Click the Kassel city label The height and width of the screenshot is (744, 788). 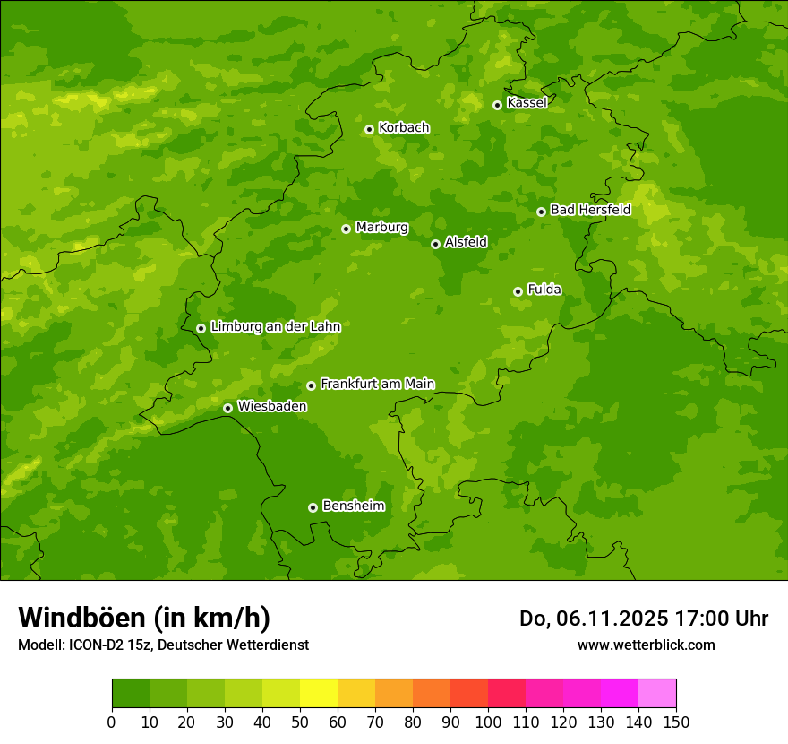click(x=527, y=103)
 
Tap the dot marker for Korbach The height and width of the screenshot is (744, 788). click(x=369, y=129)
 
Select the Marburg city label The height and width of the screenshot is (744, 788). click(x=381, y=228)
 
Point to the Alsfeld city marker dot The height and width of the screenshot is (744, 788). click(x=435, y=244)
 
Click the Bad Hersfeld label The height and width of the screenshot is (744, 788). click(x=590, y=210)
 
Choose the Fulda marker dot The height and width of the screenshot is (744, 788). click(x=518, y=291)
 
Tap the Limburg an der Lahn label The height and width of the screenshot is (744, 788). click(x=276, y=327)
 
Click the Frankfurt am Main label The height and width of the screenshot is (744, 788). click(x=377, y=384)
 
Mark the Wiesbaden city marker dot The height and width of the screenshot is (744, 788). click(x=227, y=408)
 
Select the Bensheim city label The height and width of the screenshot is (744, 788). click(x=353, y=506)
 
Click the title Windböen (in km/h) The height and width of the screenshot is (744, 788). click(x=144, y=618)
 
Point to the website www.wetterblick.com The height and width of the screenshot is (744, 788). click(x=646, y=645)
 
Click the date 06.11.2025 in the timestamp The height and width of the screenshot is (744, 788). click(x=612, y=619)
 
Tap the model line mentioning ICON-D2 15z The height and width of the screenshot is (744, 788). click(x=163, y=645)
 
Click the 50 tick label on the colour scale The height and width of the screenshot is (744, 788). click(x=300, y=722)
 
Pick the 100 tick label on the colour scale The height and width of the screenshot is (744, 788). click(x=488, y=722)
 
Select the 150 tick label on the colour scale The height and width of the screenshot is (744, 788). click(x=676, y=722)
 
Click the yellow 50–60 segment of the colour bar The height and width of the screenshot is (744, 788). click(x=319, y=694)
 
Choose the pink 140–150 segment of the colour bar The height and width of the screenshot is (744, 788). click(x=657, y=694)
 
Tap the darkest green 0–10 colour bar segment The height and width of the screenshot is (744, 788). click(x=131, y=694)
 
